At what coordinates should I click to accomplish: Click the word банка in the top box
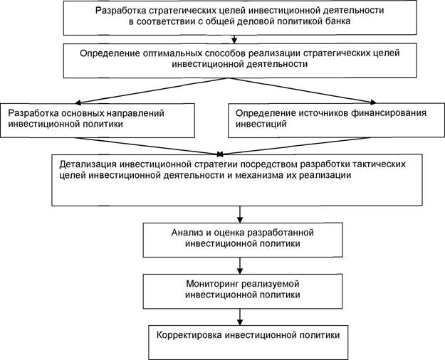337,21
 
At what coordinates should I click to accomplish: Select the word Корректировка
189,335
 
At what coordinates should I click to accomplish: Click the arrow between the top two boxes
234,39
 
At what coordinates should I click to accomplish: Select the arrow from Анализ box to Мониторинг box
240,265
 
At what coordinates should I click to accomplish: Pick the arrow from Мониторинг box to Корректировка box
240,317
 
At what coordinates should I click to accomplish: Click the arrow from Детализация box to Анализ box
240,214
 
